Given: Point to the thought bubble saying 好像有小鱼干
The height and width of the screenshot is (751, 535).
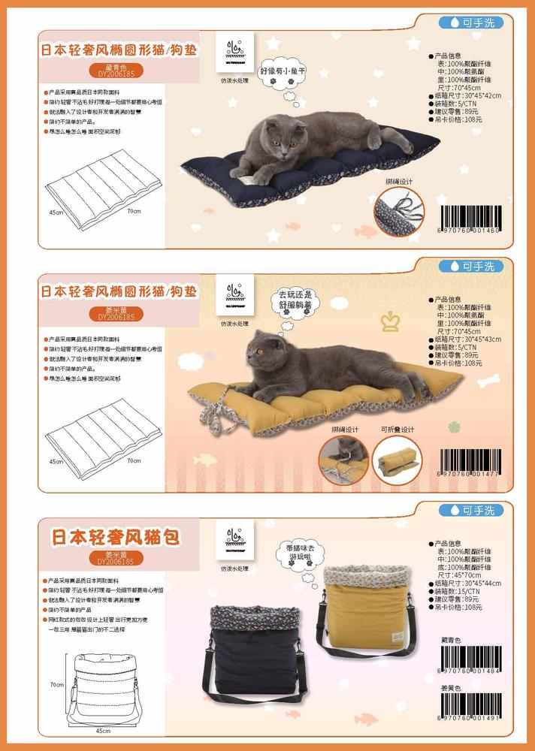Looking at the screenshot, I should pos(284,74).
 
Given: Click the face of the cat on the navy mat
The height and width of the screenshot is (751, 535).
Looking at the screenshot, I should pos(280,137).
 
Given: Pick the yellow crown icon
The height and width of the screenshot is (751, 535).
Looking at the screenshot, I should pos(391,321).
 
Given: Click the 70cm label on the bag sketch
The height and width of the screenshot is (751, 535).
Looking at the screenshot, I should pos(56,685).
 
